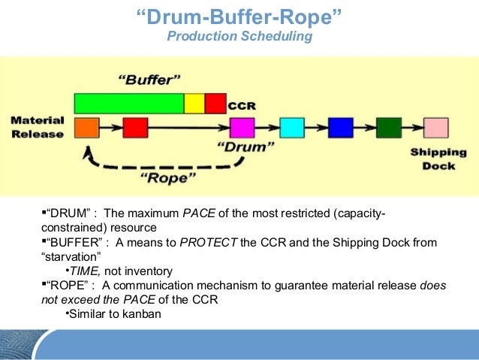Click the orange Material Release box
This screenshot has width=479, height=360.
pos(87,128)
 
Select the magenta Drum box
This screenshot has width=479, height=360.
pos(242,128)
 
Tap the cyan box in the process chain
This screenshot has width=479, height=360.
pos(291,128)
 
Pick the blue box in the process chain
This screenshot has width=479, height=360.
pos(340,128)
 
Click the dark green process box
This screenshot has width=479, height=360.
pos(388,128)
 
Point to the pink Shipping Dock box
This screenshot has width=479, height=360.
pos(435,128)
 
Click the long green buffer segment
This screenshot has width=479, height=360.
pos(128,103)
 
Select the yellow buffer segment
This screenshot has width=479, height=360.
pos(194,103)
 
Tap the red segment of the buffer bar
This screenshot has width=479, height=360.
pos(215,103)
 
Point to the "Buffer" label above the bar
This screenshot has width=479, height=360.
pos(148,79)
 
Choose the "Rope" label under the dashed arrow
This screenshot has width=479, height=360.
pos(170,178)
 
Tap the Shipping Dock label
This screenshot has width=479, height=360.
pos(433,159)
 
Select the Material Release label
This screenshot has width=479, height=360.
pos(38,126)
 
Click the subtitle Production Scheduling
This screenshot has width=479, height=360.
pos(239,36)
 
